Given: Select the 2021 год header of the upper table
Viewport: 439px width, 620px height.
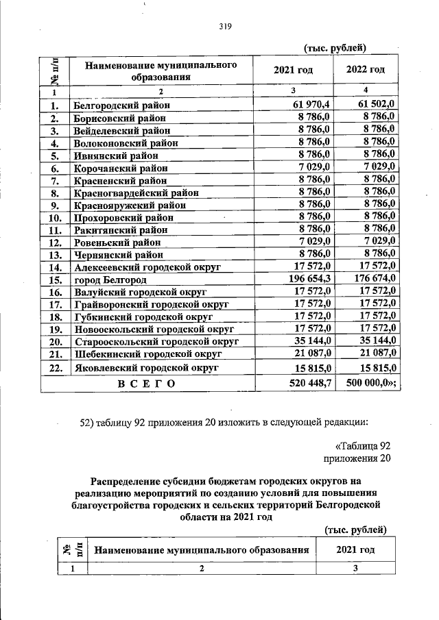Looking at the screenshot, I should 293,70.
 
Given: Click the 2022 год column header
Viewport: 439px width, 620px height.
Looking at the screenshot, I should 366,70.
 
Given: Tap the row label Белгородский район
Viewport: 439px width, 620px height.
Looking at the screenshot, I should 121,106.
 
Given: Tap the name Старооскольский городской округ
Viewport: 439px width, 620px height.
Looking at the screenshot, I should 156,340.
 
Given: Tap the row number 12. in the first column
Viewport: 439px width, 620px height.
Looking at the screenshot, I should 56,243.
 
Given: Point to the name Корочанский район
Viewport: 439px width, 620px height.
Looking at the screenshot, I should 121,168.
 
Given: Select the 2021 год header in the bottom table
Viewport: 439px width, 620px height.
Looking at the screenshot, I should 355,549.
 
